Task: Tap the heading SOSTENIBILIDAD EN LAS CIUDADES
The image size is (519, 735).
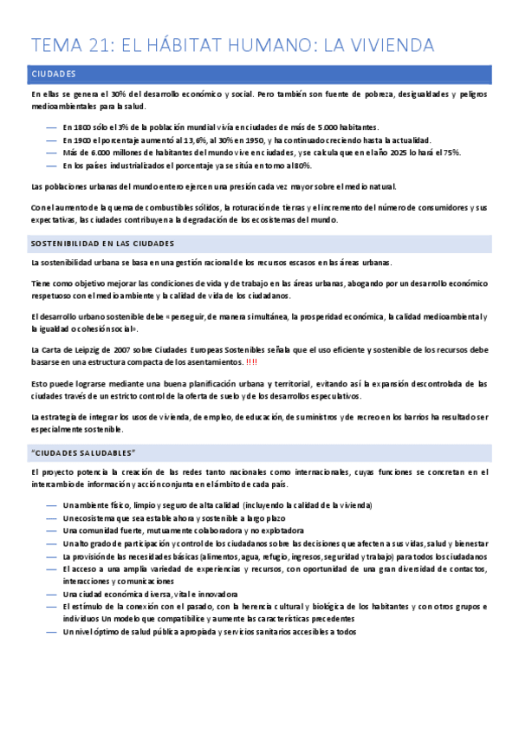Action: coord(102,244)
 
